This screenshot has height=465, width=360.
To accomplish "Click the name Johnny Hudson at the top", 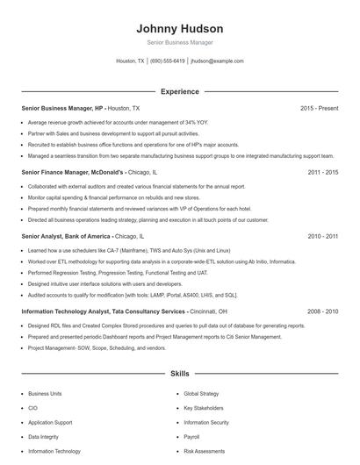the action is click(180, 28).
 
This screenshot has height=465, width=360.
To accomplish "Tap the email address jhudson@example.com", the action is click(217, 61).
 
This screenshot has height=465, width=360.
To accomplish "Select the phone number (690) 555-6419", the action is click(168, 61).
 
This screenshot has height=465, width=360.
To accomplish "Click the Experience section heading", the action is click(180, 91).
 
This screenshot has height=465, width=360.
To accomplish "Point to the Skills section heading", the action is click(180, 374).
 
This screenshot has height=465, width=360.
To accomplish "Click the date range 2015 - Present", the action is click(319, 108).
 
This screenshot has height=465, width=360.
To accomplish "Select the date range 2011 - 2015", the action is click(322, 173).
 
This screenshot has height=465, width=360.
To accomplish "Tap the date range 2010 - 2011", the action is click(322, 236).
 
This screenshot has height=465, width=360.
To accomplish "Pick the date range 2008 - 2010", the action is click(322, 311).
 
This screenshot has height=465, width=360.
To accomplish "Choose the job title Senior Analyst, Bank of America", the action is click(66, 236).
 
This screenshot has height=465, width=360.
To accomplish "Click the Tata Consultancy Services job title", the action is click(103, 311).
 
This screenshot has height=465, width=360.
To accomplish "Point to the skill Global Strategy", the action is click(201, 395).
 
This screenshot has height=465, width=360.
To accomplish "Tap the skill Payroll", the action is click(191, 437).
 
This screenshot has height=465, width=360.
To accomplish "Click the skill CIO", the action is click(32, 409).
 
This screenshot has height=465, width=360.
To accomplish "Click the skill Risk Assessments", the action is click(204, 451).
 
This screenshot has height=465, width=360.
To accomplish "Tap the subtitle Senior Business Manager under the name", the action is click(180, 42).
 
